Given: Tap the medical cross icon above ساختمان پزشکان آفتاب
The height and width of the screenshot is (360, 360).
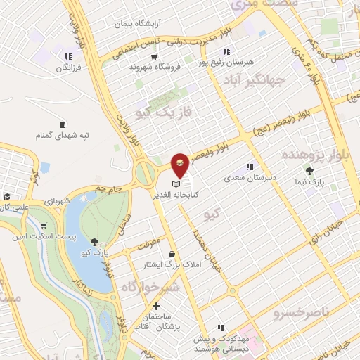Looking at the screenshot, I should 156,307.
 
